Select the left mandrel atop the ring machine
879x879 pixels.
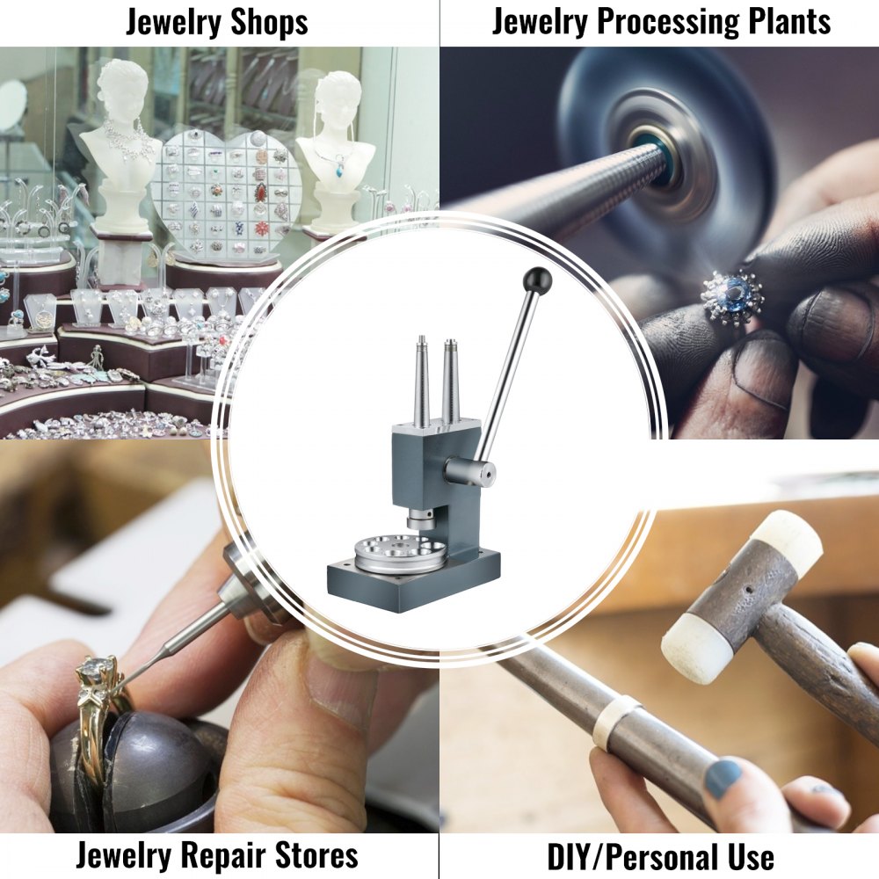pyautogui.click(x=423, y=382)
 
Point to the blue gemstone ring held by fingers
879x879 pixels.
pyautogui.click(x=732, y=297)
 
